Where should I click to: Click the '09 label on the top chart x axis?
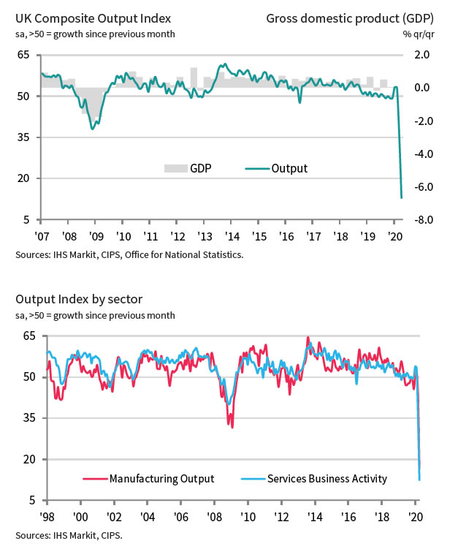click(x=96, y=237)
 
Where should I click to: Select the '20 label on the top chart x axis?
click(x=395, y=237)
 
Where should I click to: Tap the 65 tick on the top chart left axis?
click(x=23, y=55)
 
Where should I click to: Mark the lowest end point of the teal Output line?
click(x=402, y=197)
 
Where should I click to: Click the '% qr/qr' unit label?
click(x=418, y=34)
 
